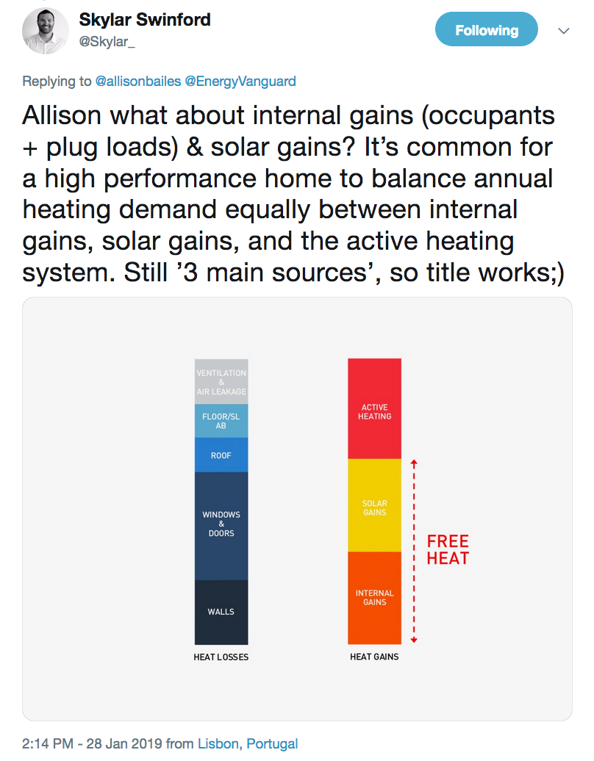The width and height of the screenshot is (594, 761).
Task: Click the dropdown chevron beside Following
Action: point(564,31)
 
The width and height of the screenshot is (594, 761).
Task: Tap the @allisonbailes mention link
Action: point(138,81)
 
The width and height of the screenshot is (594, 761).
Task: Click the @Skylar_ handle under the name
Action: point(107,42)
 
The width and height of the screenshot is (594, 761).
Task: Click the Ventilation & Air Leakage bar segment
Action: point(221,382)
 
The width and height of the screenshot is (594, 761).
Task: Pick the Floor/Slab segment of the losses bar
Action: point(221,421)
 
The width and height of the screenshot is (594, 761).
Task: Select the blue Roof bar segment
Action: point(221,455)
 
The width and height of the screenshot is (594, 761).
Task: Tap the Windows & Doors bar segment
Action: point(221,524)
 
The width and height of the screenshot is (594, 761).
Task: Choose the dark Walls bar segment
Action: point(221,612)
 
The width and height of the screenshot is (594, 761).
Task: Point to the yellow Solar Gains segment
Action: point(374,508)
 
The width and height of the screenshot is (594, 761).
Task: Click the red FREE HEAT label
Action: point(448,549)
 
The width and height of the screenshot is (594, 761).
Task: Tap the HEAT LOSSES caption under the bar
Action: point(221,657)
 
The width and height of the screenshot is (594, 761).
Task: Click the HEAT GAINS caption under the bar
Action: point(374,657)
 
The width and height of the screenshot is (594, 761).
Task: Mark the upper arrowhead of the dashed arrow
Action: point(414,463)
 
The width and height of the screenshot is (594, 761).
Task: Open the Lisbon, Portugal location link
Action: point(248,744)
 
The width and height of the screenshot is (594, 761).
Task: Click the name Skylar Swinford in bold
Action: point(145,20)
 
